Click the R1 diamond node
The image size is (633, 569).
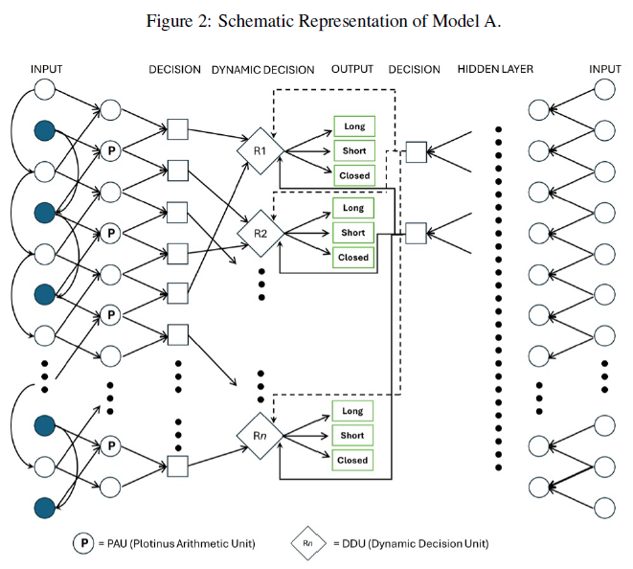pyautogui.click(x=259, y=150)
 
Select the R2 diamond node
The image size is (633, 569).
pyautogui.click(x=259, y=232)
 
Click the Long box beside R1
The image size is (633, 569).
pyautogui.click(x=352, y=126)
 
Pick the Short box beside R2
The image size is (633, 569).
pyautogui.click(x=352, y=233)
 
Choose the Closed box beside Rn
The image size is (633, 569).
pyautogui.click(x=352, y=460)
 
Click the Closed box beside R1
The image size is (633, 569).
pyautogui.click(x=352, y=175)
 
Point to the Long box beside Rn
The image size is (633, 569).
pyautogui.click(x=352, y=411)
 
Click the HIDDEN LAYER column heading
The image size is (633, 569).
pyautogui.click(x=495, y=69)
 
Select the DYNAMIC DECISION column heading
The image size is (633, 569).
pyautogui.click(x=262, y=69)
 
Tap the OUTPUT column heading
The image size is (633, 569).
pyautogui.click(x=352, y=69)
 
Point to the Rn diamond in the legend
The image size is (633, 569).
pyautogui.click(x=308, y=543)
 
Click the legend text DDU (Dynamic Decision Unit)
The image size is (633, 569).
pyautogui.click(x=413, y=543)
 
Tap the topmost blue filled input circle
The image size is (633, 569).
pyautogui.click(x=43, y=130)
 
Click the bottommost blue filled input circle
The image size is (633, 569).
pyautogui.click(x=43, y=507)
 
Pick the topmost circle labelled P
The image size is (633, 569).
pyautogui.click(x=110, y=150)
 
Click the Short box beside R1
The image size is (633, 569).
pyautogui.click(x=352, y=151)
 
